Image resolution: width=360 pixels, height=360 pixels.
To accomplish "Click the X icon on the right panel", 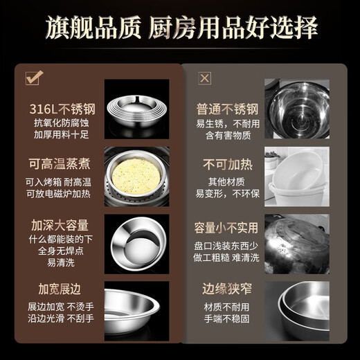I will click(204, 78).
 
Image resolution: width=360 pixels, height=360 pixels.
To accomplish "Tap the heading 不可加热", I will click(227, 166).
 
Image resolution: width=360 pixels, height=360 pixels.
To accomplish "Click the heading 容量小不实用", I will click(227, 226).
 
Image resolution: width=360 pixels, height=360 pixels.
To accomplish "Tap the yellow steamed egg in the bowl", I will click(136, 172).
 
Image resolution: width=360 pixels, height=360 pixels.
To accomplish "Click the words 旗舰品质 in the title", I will click(97, 28).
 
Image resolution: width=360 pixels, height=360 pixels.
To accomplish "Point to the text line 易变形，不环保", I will click(227, 195).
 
